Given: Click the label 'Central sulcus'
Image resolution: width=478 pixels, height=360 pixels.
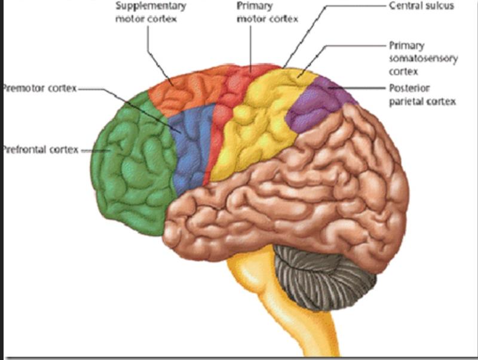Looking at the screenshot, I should click(421, 6).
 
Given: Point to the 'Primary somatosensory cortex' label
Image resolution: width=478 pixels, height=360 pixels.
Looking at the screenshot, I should click(423, 59).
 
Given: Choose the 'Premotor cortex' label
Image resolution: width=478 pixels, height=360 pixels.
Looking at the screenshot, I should click(39, 89).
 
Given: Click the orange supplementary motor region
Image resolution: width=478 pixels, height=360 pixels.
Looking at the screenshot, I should click(185, 90).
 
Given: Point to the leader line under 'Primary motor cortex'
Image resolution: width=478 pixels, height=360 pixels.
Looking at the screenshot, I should click(252, 48).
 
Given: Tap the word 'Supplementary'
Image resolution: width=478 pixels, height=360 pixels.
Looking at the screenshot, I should click(151, 6).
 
